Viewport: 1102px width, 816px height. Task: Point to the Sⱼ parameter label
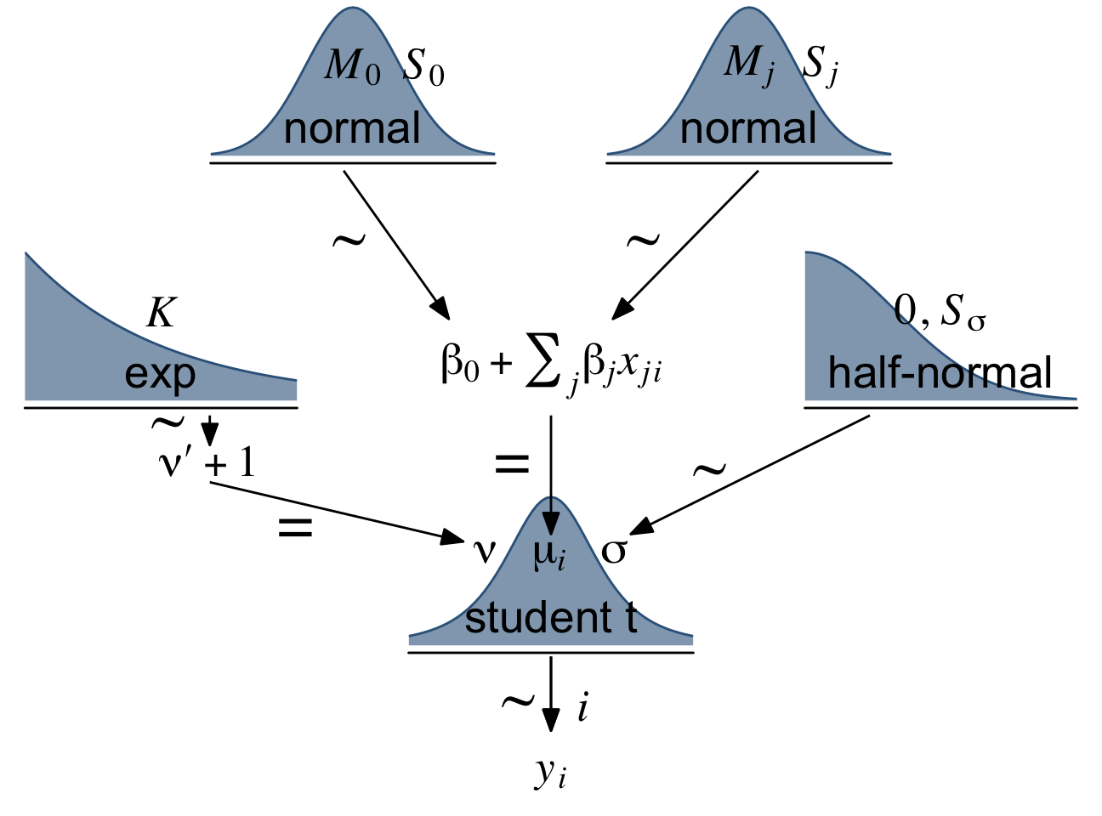click(x=820, y=65)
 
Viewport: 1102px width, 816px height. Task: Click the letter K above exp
click(x=160, y=313)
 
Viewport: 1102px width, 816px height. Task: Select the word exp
click(x=160, y=375)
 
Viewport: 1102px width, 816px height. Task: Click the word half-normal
click(x=940, y=373)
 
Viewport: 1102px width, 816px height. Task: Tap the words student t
click(x=551, y=618)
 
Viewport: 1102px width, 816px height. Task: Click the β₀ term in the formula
click(x=460, y=364)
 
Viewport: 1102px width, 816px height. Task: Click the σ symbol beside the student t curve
click(x=614, y=551)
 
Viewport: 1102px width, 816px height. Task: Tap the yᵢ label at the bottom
click(x=551, y=771)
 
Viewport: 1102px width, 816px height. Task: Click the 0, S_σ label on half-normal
click(x=940, y=312)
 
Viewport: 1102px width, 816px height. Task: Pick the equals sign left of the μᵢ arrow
click(x=512, y=464)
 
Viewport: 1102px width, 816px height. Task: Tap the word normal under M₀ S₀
click(x=352, y=129)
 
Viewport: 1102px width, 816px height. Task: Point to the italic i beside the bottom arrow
click(x=582, y=707)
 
